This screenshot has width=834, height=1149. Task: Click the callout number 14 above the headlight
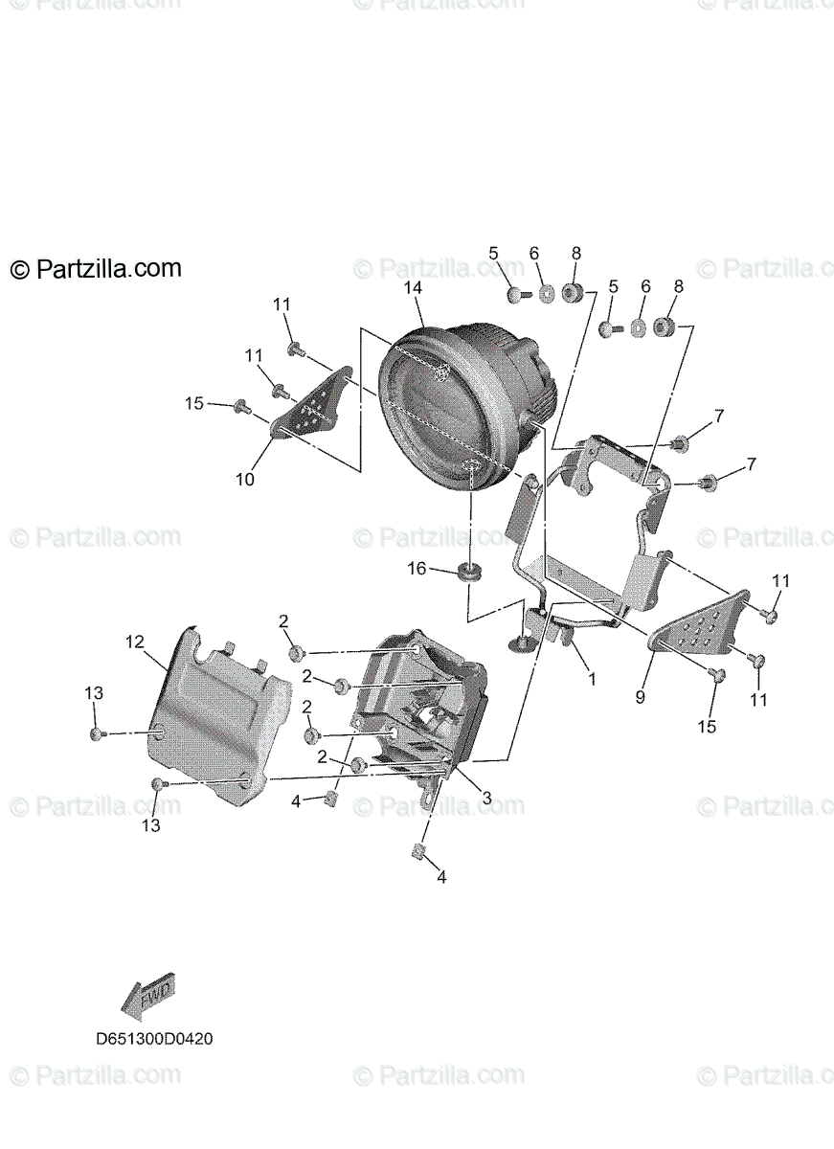(413, 287)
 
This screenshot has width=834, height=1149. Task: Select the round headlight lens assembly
(460, 407)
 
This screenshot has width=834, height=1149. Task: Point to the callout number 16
(417, 569)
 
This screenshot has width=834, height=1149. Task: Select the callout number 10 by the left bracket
(245, 479)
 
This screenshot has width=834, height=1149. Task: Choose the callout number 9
(641, 697)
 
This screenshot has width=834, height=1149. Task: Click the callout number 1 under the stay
(592, 679)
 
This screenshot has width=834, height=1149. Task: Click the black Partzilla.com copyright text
(96, 269)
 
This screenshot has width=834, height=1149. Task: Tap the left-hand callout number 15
(194, 404)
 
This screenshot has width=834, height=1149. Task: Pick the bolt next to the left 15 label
(240, 407)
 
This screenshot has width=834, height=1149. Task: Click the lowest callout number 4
(440, 875)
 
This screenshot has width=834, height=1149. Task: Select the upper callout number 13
(93, 692)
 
